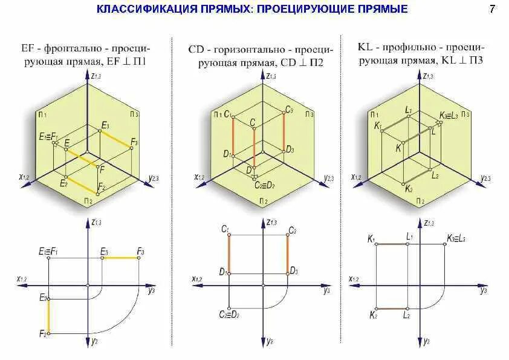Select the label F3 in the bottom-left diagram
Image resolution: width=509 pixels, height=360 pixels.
tap(140, 250)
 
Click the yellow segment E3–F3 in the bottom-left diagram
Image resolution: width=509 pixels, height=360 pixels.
tap(122, 258)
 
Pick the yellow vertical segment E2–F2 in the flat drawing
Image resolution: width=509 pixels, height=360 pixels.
tap(48, 315)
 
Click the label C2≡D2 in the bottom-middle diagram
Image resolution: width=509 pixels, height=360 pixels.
tap(230, 315)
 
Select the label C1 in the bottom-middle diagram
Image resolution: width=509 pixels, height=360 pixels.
tap(225, 229)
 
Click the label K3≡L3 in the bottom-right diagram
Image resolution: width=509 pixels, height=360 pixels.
tap(455, 238)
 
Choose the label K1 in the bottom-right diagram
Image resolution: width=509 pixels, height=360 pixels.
tap(371, 239)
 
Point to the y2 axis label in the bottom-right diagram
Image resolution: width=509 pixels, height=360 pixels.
tap(426, 342)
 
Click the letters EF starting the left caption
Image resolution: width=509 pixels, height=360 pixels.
tap(27, 47)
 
